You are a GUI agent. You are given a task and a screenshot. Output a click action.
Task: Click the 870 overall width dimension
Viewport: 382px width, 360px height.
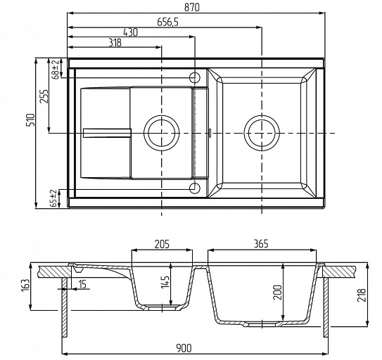tap(192, 7)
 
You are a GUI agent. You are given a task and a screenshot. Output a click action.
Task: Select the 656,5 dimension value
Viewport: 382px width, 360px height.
tap(168, 22)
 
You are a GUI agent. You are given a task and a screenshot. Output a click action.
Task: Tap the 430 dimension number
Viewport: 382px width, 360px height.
tap(131, 32)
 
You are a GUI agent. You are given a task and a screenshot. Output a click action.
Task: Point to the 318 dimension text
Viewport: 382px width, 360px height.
tap(115, 43)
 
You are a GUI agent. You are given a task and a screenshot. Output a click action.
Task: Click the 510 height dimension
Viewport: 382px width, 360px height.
tap(31, 120)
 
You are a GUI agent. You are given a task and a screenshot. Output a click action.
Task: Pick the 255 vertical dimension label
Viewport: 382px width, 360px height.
tap(44, 96)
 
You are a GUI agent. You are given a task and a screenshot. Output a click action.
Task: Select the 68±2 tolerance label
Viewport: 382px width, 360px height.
tap(56, 70)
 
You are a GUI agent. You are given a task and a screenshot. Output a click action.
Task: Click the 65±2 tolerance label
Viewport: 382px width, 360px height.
tap(53, 198)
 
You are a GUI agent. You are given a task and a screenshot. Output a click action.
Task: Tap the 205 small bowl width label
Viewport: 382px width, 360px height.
tap(162, 244)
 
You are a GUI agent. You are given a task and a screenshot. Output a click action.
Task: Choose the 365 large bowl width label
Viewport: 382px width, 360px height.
tap(261, 243)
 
